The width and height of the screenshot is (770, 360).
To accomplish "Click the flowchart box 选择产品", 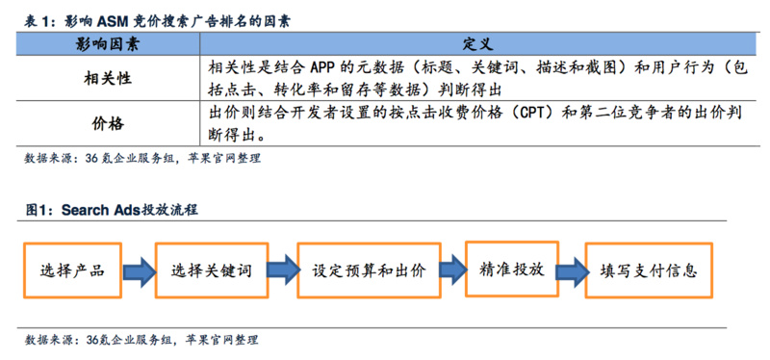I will (72, 270).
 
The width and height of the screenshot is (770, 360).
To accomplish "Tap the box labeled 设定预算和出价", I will (369, 271).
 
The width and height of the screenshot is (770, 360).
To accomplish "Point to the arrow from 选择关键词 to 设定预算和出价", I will (280, 271).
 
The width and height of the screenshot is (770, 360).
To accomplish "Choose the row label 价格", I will (109, 124).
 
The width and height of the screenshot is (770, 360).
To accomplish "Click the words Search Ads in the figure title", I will (99, 211).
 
